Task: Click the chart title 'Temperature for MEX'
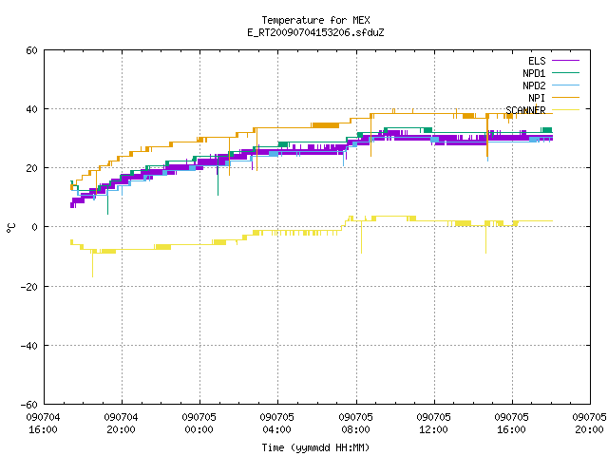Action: coord(315,20)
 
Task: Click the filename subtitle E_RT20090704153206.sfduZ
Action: coord(315,32)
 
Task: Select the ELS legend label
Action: coord(537,61)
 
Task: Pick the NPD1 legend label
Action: coord(534,73)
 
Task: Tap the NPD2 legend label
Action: coord(534,85)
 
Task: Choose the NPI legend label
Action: coord(537,98)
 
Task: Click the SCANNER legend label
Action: coord(525,110)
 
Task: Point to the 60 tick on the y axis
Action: coord(31,50)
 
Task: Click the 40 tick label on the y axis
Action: coord(31,109)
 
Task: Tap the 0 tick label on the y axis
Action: coord(35,227)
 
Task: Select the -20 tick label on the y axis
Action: coord(29,287)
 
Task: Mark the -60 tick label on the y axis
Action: coord(29,405)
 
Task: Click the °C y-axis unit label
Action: coord(11,228)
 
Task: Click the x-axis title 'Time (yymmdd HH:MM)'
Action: coord(315,447)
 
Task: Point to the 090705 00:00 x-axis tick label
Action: coord(199,424)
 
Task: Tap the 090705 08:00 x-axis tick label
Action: coord(355,424)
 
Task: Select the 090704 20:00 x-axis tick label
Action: coord(121,424)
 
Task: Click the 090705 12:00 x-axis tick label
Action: coord(433,424)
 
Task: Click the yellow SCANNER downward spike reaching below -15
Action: coord(93,264)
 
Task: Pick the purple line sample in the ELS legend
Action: coord(565,61)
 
